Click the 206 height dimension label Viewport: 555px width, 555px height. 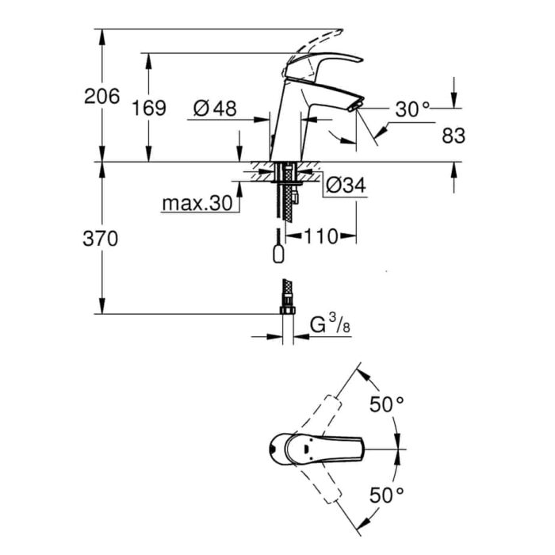tap(102, 96)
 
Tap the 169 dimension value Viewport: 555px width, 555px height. tap(149, 108)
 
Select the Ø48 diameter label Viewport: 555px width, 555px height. tap(215, 109)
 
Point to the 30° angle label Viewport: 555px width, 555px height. tap(412, 109)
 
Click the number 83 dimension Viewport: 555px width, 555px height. tap(454, 136)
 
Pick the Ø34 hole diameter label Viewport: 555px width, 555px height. tap(346, 185)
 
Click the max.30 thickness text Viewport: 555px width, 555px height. tap(197, 203)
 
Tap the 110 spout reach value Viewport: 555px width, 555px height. tap(321, 236)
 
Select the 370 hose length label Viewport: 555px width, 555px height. tap(101, 239)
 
